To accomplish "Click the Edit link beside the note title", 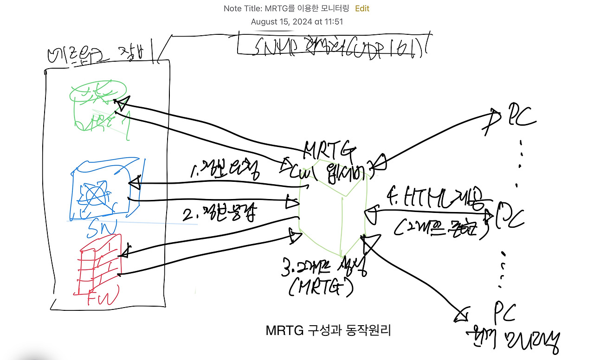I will coord(362,8).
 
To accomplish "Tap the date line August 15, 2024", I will coord(297,21).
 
